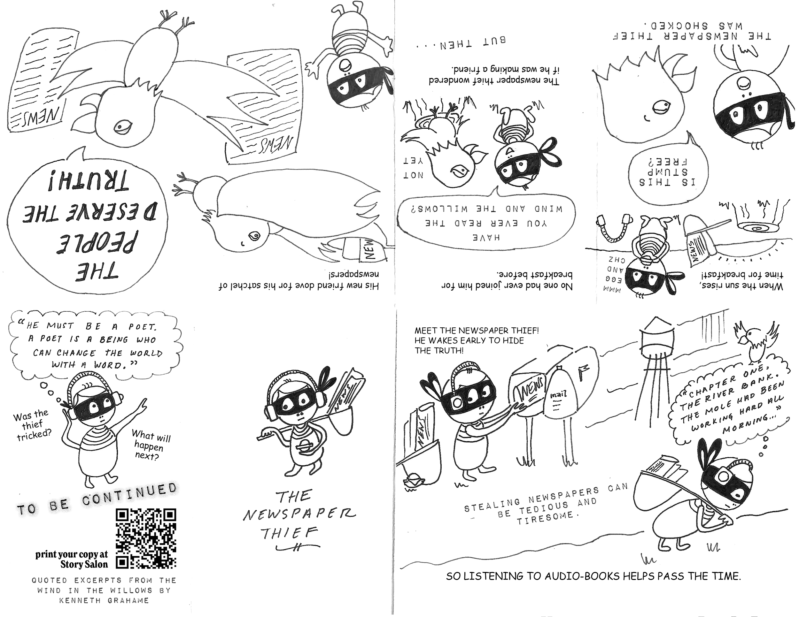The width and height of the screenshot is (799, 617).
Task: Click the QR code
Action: (x=146, y=538)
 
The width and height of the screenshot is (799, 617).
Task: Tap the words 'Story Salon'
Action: (x=84, y=564)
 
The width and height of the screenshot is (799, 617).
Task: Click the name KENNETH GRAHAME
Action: (x=104, y=600)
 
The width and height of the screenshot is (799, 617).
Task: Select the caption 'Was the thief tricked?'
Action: (x=32, y=425)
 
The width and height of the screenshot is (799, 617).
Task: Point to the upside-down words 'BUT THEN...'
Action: (x=462, y=43)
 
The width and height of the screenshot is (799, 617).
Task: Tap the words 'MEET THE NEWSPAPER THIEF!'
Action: (x=476, y=331)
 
